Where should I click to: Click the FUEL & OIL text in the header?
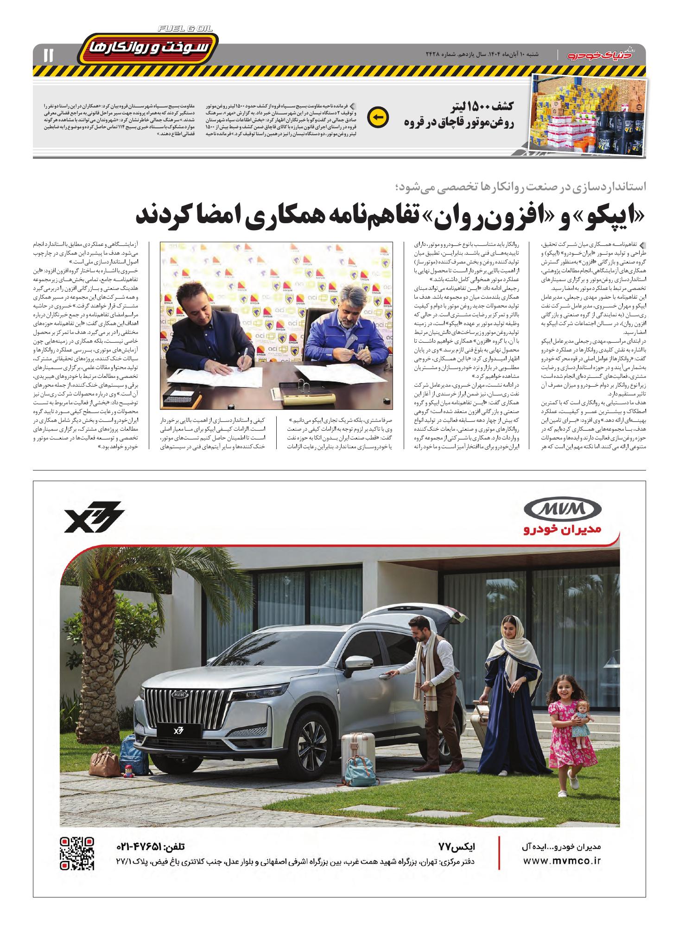coord(185,29)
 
